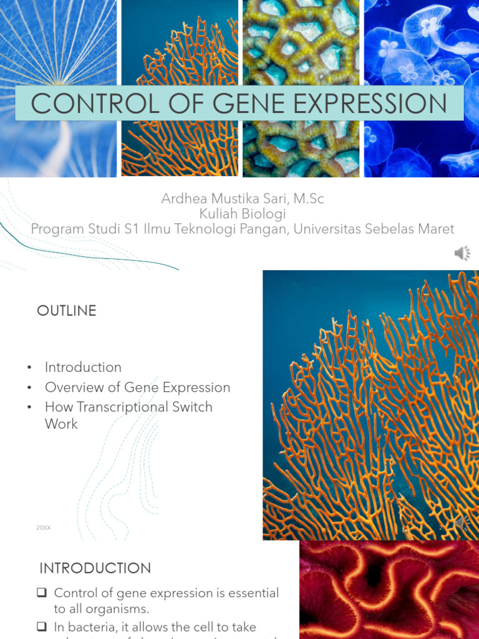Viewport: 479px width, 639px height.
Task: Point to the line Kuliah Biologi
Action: point(243,214)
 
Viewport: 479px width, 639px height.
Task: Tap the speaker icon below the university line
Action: point(462,253)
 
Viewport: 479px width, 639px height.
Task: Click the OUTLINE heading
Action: point(67,311)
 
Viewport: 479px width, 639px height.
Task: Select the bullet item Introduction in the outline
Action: point(83,367)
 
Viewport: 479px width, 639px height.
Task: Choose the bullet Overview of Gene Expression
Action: point(137,387)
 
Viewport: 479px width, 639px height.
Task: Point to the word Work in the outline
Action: point(61,424)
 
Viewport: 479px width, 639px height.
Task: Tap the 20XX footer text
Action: point(44,528)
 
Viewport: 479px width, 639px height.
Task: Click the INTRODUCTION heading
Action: point(95,568)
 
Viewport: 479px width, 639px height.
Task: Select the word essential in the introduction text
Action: point(249,593)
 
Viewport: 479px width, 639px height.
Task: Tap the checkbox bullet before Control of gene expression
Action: point(42,593)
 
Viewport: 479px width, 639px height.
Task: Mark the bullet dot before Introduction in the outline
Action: point(29,368)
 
